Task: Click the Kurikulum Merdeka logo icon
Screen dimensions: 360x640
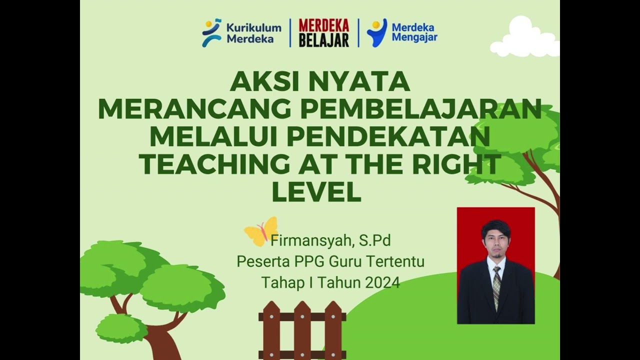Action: pyautogui.click(x=211, y=32)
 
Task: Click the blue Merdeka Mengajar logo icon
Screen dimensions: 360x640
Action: pyautogui.click(x=376, y=32)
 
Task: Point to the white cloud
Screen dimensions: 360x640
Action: pyautogui.click(x=524, y=38)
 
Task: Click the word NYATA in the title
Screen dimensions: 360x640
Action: pyautogui.click(x=359, y=82)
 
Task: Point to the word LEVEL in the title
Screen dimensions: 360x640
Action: pyautogui.click(x=316, y=192)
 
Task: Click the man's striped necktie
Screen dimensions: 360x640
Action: pyautogui.click(x=496, y=286)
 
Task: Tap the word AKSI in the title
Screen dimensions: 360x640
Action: pyautogui.click(x=263, y=82)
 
